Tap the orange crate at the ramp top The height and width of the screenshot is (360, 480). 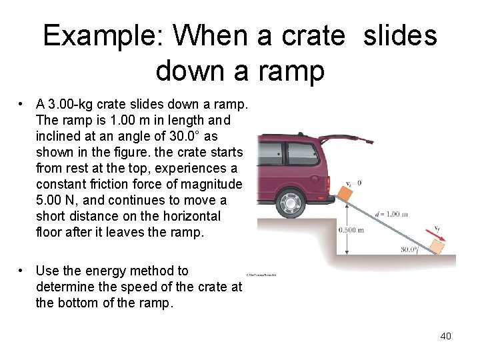point(344,192)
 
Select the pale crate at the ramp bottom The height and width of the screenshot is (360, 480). point(437,247)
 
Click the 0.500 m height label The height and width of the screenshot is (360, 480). point(351,230)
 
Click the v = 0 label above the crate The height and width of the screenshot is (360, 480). point(353,182)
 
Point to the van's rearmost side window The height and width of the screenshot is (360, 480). point(302,153)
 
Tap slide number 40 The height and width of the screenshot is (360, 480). point(445,336)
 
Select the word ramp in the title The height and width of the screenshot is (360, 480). point(290,70)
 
